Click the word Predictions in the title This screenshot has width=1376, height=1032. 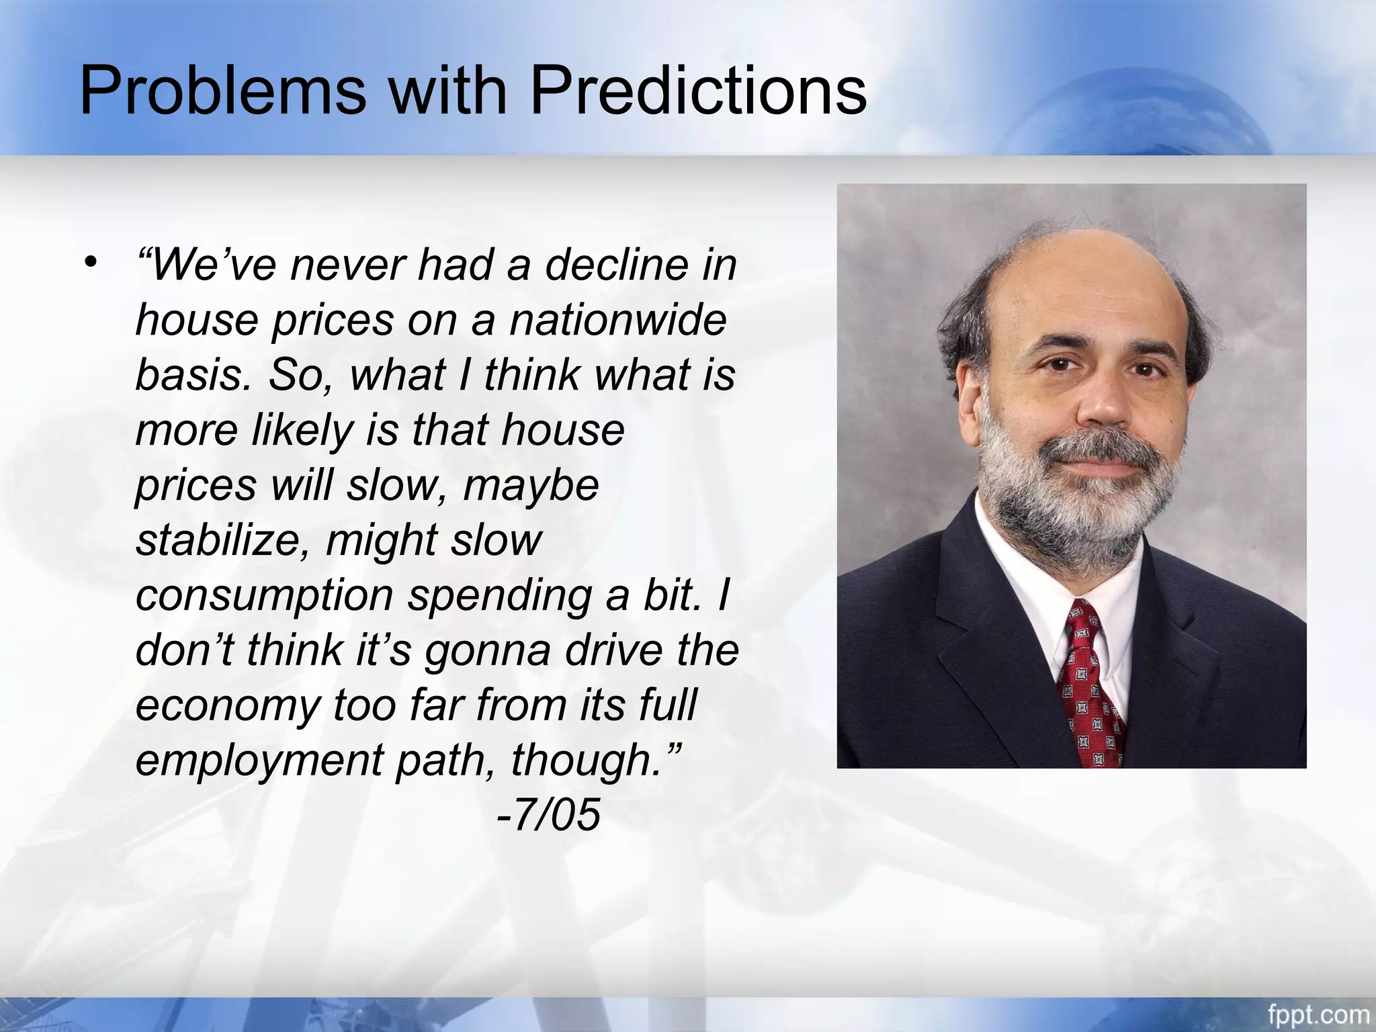click(698, 90)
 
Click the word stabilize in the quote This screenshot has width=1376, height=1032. click(222, 540)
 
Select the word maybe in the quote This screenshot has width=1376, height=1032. click(531, 484)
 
